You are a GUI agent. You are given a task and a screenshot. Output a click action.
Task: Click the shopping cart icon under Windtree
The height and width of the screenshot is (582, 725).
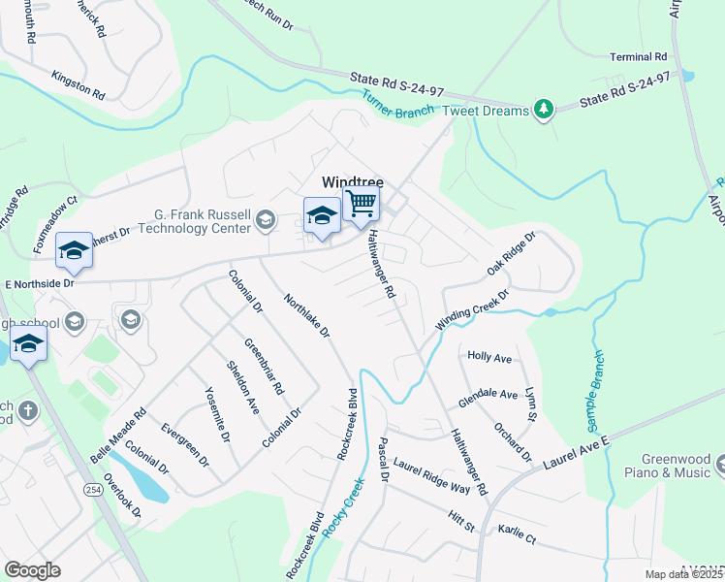click(361, 205)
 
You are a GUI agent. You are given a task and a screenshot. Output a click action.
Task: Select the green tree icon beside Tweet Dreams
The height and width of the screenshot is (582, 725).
click(544, 111)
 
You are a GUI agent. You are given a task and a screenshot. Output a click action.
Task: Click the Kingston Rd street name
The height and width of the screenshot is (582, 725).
click(79, 84)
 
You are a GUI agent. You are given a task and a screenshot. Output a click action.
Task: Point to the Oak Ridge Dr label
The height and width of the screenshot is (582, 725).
click(511, 255)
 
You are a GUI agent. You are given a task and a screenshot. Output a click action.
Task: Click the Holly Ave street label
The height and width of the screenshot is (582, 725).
click(489, 357)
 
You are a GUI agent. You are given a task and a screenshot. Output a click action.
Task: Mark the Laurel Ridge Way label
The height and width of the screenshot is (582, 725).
click(431, 476)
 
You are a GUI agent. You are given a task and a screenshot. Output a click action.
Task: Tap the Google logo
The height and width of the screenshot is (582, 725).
click(32, 569)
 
